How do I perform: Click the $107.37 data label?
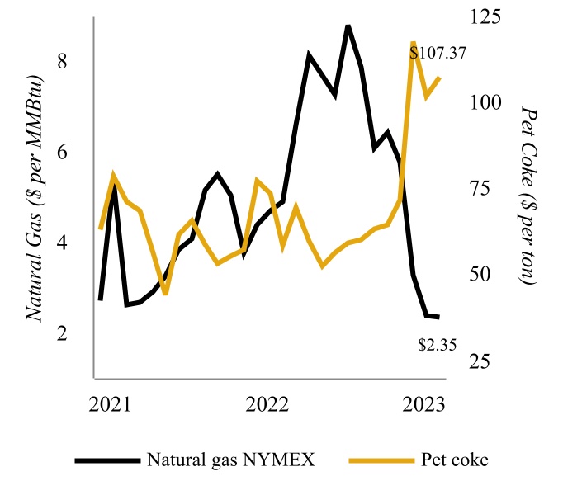[438, 54]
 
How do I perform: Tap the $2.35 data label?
[437, 346]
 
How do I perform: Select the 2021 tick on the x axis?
[110, 404]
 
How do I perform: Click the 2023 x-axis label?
[424, 404]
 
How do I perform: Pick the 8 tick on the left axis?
[63, 61]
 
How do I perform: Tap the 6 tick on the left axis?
[63, 153]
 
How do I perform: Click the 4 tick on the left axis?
[63, 243]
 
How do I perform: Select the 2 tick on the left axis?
[63, 334]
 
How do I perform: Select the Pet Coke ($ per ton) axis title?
[529, 196]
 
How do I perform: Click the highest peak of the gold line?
[413, 42]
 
